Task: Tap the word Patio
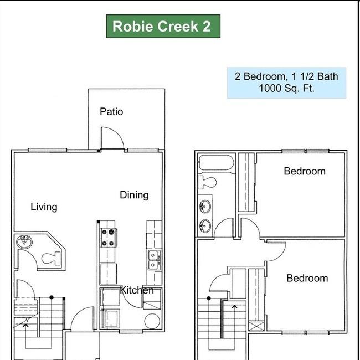tap(111, 111)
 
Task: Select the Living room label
tap(44, 207)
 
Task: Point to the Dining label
tap(134, 194)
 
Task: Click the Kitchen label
tap(137, 290)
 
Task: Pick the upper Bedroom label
tap(304, 171)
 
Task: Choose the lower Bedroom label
tap(307, 278)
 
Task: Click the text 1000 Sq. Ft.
tap(286, 88)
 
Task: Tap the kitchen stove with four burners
tap(108, 238)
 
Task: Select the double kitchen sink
tap(154, 259)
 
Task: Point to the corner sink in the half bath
tap(25, 241)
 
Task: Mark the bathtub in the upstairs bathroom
tap(217, 163)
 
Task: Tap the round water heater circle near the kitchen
tap(152, 321)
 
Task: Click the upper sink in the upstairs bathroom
tap(205, 207)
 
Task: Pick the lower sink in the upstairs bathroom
tap(205, 225)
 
